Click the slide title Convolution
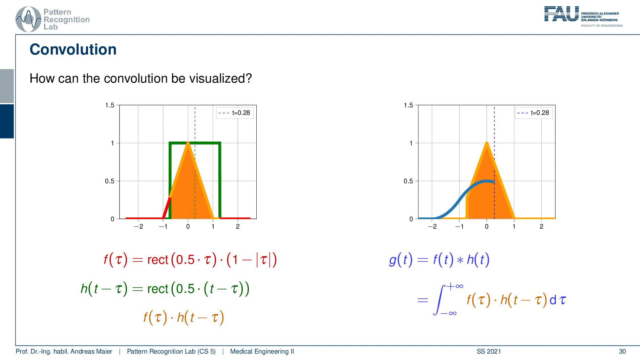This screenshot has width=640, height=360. point(73,49)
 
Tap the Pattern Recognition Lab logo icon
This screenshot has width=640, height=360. point(28,20)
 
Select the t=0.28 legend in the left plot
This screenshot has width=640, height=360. point(235,113)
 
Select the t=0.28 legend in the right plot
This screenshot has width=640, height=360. point(533,113)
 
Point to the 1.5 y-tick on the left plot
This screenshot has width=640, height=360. point(110,105)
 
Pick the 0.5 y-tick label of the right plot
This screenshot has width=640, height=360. point(408,181)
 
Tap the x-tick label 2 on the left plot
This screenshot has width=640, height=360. point(238,227)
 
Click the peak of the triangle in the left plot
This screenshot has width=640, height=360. point(188,143)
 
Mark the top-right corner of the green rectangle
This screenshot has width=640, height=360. point(220,143)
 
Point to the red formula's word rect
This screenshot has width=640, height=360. point(158,260)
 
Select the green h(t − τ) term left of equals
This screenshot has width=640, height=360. point(104,289)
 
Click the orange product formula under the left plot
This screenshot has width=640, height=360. point(184,318)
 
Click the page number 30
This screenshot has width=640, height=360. point(622,352)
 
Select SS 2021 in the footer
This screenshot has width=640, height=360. point(489,352)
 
